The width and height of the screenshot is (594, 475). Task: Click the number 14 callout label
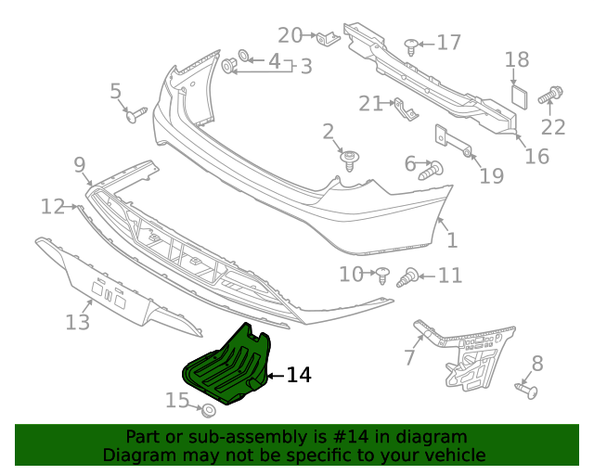pyautogui.click(x=298, y=375)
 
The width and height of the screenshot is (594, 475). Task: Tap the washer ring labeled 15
pyautogui.click(x=209, y=409)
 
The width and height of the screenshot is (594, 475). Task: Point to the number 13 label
pyautogui.click(x=78, y=322)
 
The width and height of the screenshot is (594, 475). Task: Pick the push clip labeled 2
pyautogui.click(x=350, y=160)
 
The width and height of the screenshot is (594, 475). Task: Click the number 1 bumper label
pyautogui.click(x=451, y=242)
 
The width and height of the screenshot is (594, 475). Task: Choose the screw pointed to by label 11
pyautogui.click(x=407, y=276)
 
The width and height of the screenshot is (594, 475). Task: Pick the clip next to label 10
pyautogui.click(x=381, y=273)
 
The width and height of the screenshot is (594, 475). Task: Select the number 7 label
pyautogui.click(x=409, y=357)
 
